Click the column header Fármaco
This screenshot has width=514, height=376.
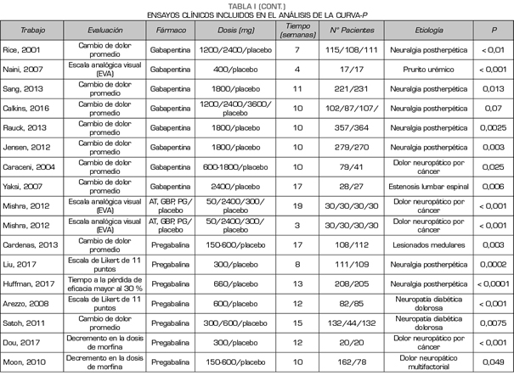pyautogui.click(x=172, y=29)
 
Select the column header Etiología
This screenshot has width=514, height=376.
pyautogui.click(x=429, y=29)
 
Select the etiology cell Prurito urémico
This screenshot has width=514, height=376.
pyautogui.click(x=429, y=70)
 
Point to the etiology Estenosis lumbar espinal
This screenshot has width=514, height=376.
pyautogui.click(x=429, y=183)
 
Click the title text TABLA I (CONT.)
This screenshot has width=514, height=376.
pyautogui.click(x=257, y=5)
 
